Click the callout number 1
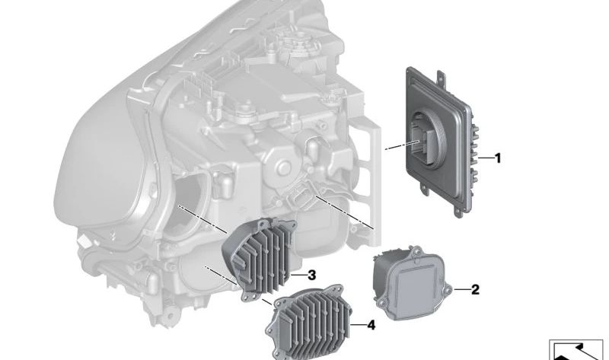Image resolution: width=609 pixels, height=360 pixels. [497, 158]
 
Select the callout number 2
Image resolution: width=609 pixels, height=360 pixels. [475, 289]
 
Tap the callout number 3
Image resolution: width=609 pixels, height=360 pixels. [312, 276]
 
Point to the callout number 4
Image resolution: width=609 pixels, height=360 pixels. [371, 325]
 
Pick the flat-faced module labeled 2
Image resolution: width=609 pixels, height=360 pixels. [413, 282]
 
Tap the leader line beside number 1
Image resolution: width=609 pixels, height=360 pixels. [485, 158]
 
